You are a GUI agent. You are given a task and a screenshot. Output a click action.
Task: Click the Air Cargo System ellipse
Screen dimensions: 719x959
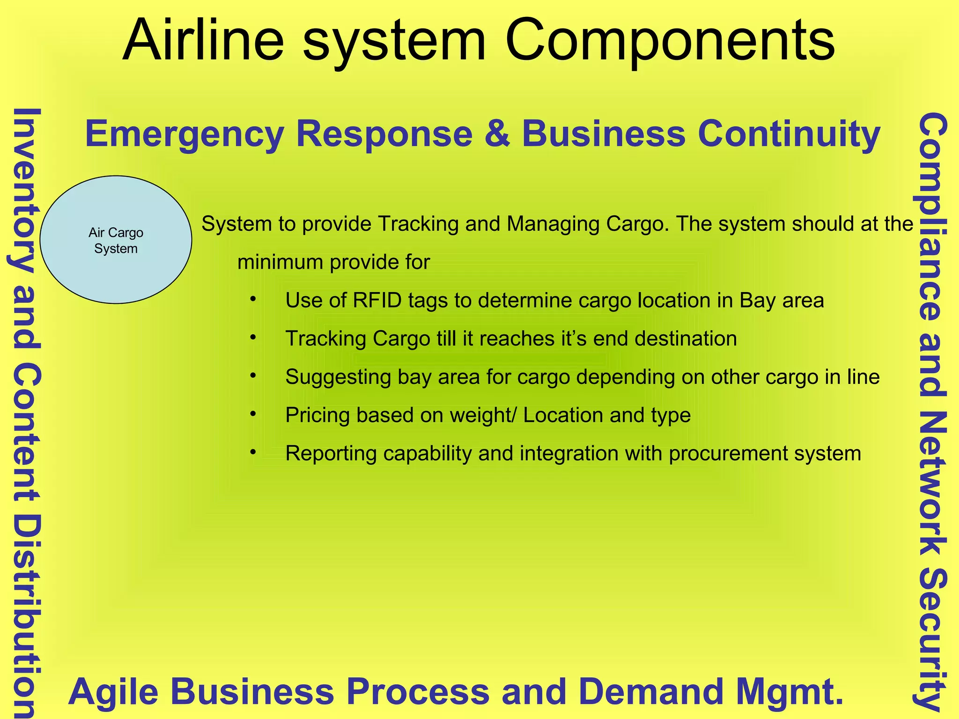116,240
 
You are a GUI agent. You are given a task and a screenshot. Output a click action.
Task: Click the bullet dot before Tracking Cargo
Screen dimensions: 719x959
253,337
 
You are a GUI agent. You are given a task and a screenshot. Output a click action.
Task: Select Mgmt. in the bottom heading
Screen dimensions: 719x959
789,692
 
